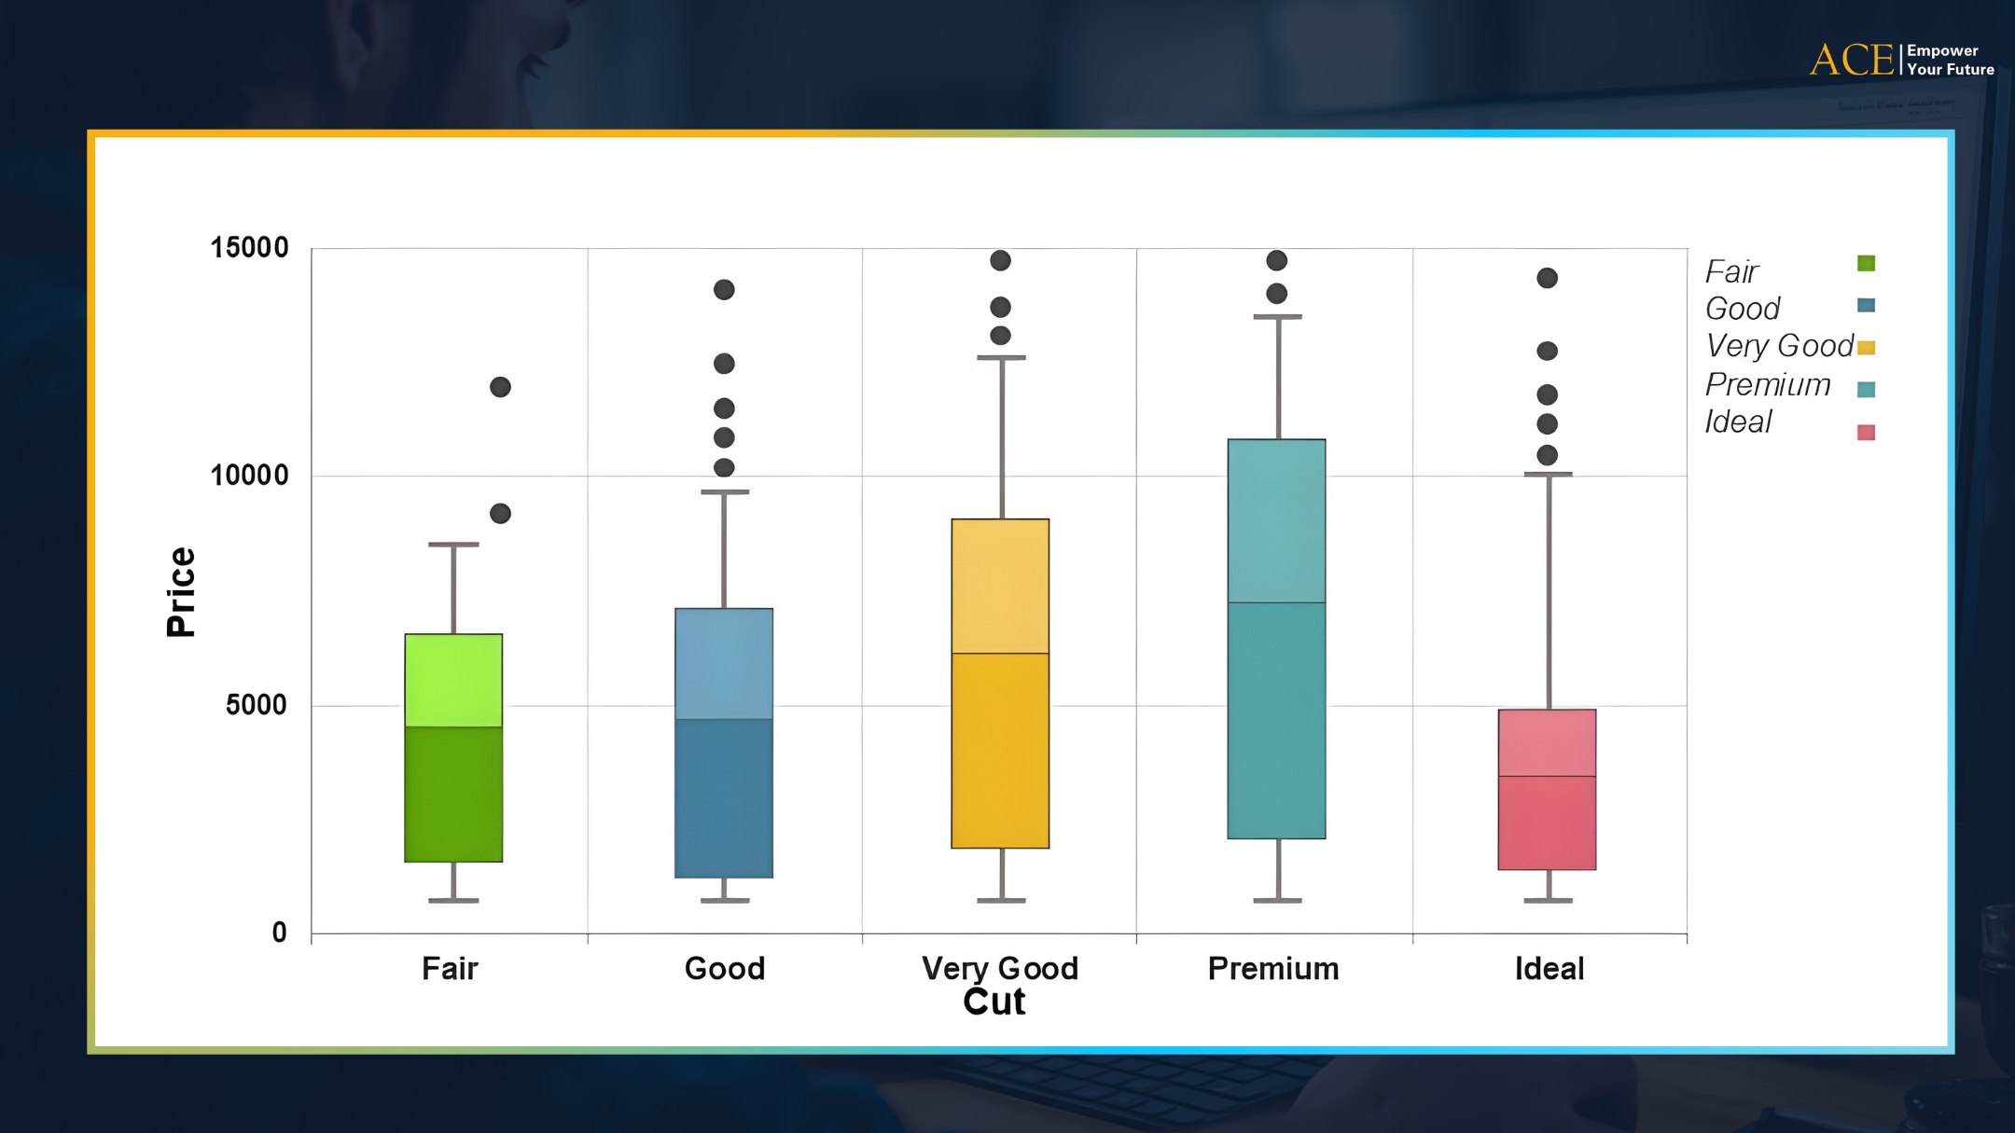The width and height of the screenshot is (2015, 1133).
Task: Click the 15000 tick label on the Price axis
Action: [x=249, y=248]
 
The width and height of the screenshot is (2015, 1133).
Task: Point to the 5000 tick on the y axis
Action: [x=256, y=705]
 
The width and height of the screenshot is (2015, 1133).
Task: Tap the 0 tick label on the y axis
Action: [x=279, y=933]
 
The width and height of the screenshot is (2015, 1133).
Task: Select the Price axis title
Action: [x=181, y=592]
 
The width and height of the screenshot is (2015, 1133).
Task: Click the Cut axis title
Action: [x=994, y=1002]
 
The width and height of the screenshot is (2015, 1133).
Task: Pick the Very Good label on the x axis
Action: [x=999, y=969]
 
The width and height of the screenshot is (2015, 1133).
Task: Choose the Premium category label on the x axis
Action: [x=1273, y=969]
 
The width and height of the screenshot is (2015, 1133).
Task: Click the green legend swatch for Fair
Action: [x=1866, y=263]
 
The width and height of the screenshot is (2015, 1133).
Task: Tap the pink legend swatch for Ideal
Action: [x=1866, y=432]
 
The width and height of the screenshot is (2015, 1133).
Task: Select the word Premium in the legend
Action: [x=1767, y=384]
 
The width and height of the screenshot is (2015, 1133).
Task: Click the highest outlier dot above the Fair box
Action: [x=500, y=387]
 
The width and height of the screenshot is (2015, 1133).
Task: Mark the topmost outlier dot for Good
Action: [x=724, y=290]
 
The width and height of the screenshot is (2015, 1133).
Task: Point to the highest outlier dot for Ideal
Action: [x=1547, y=278]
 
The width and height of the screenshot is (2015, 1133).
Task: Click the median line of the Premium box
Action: [x=1276, y=602]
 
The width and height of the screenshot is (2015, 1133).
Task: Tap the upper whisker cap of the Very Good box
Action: [x=1001, y=357]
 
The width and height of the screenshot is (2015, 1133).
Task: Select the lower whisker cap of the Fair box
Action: [x=453, y=901]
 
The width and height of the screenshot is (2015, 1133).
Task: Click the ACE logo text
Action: [x=1851, y=61]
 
